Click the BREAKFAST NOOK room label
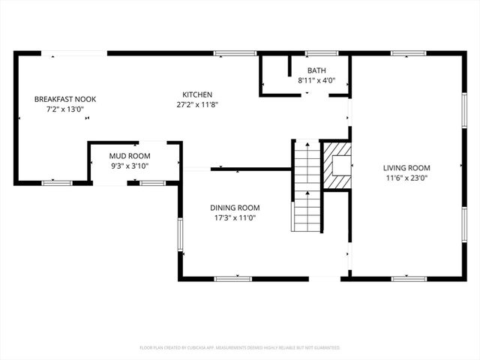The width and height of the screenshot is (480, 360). (65, 99)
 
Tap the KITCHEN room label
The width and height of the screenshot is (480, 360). (197, 94)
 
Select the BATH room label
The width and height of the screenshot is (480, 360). (316, 70)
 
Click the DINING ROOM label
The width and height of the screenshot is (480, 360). (235, 208)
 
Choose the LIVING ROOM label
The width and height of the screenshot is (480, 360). (407, 168)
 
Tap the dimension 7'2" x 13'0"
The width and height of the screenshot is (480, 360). (65, 109)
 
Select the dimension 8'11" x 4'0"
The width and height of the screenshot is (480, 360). (316, 80)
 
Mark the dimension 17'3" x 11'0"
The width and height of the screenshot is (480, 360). (235, 217)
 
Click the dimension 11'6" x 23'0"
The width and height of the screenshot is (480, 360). (406, 178)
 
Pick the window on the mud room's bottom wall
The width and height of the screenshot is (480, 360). (153, 183)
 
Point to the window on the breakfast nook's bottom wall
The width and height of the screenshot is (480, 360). (57, 183)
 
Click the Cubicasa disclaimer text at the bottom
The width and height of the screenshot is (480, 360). (240, 348)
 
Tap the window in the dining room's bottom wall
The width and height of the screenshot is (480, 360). (233, 279)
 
